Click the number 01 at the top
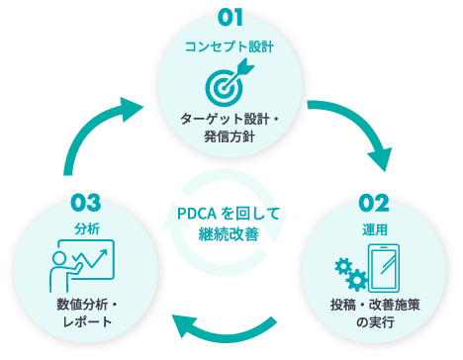point(231,18)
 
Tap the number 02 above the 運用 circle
point(374,203)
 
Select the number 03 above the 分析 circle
point(86,203)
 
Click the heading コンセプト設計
point(230,46)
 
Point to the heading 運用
point(375,229)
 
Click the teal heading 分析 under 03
point(87,228)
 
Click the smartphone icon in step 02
point(384,268)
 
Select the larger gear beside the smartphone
point(357,280)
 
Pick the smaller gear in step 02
point(343,267)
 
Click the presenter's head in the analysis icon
point(59,258)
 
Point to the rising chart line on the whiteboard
point(90,258)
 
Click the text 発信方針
point(230,136)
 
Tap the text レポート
point(87,321)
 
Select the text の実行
point(375,322)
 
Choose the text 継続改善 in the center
point(229,234)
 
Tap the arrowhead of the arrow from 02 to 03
point(184,325)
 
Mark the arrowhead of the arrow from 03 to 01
point(132,109)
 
